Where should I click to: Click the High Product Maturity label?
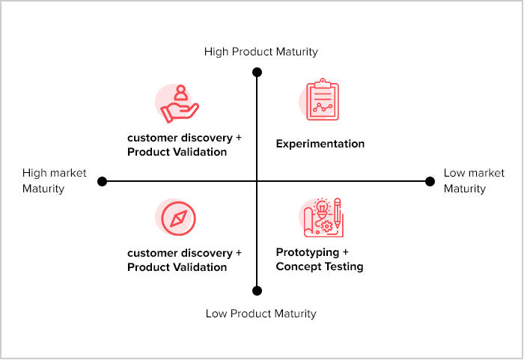coord(261,52)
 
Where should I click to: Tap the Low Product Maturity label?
coord(261,314)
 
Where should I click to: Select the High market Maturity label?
coord(54,180)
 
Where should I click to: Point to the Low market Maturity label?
coord(474,180)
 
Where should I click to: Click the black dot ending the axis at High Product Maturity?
coord(257,73)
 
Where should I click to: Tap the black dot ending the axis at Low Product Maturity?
coord(257,290)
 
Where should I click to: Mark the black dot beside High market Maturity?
coord(103,181)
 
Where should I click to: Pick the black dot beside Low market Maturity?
coord(430,181)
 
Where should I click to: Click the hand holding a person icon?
coord(179,104)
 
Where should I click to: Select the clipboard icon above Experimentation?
coord(322,100)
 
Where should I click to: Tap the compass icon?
coord(178,219)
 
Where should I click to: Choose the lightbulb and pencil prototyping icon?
coord(323,218)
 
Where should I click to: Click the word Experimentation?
coord(320,144)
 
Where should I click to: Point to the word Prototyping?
coord(306,252)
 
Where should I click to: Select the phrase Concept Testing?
coord(320,266)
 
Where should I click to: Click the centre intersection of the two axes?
coord(257,181)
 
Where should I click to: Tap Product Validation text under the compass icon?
coord(177,267)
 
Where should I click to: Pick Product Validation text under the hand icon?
coord(177,152)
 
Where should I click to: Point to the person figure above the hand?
coord(180,94)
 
